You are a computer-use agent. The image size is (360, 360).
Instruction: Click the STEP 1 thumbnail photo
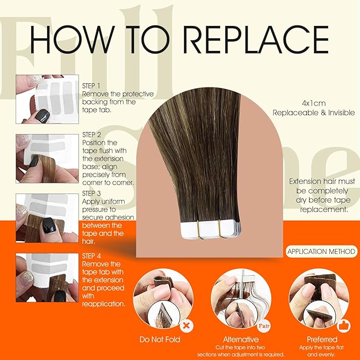pos(47,99)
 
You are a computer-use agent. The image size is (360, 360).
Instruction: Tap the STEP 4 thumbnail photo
pos(47,277)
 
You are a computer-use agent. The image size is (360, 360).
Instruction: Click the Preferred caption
pos(321,339)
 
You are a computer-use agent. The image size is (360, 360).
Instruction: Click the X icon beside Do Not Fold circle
pos(185,321)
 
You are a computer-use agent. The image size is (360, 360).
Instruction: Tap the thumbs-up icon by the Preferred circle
pos(345,321)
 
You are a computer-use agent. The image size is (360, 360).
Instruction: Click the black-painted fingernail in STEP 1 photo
pos(43,116)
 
